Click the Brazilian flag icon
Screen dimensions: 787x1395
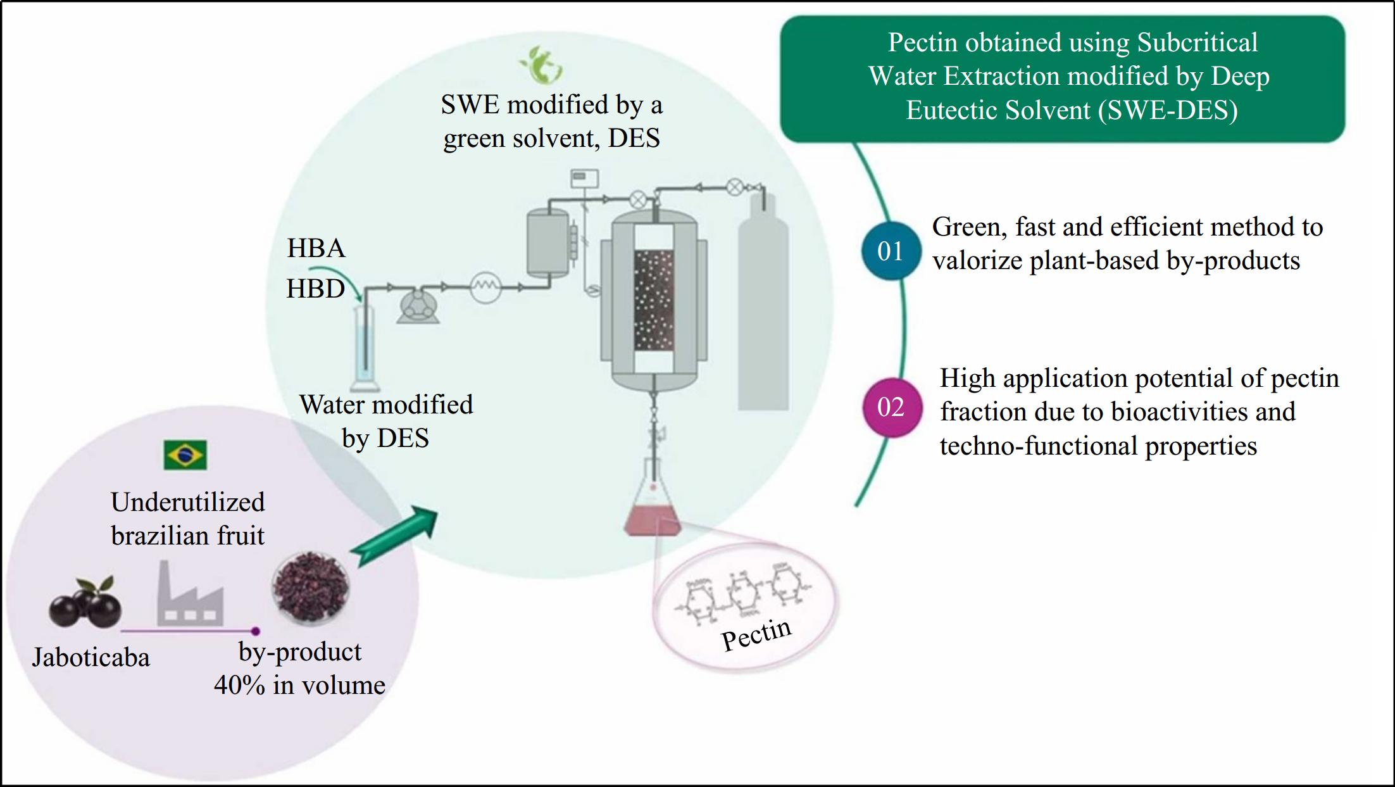(x=185, y=455)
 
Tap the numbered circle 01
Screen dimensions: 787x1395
(x=891, y=251)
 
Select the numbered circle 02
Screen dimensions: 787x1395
(x=891, y=407)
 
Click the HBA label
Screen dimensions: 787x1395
(x=316, y=248)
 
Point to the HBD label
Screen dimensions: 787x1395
(x=315, y=289)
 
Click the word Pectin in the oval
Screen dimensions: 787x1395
(x=756, y=634)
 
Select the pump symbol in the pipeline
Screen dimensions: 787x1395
(x=418, y=305)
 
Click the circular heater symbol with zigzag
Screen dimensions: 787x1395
(x=485, y=287)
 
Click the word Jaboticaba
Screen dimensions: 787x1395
(x=91, y=657)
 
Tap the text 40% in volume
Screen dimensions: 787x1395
(x=299, y=685)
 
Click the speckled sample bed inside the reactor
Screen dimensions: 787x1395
(x=654, y=300)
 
